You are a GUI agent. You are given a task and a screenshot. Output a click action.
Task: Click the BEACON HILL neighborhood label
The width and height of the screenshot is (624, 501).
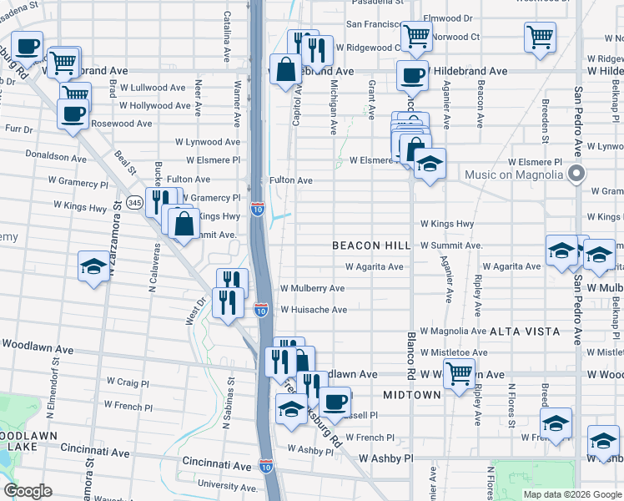click(x=371, y=245)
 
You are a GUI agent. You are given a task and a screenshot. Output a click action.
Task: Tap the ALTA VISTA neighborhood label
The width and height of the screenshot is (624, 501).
click(x=525, y=331)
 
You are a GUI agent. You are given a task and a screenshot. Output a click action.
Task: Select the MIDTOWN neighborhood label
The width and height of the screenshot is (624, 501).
click(x=411, y=394)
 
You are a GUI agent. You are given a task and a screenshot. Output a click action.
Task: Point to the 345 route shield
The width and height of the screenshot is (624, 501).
click(x=134, y=202)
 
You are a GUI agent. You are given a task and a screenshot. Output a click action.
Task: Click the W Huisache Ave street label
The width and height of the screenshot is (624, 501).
click(x=313, y=310)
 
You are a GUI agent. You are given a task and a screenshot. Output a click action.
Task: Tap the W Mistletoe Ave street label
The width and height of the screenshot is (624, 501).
click(x=453, y=353)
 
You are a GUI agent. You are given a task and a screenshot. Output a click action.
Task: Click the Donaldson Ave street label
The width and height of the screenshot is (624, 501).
click(x=57, y=156)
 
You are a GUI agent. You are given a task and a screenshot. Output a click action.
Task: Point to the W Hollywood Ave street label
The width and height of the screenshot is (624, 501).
click(x=155, y=106)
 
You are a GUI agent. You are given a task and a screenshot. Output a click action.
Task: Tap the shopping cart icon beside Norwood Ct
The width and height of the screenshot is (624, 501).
click(x=415, y=37)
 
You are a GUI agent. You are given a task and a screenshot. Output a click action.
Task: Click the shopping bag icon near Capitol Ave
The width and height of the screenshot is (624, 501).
click(x=285, y=69)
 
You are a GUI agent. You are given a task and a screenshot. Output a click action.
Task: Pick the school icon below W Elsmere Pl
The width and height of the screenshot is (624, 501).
click(x=430, y=164)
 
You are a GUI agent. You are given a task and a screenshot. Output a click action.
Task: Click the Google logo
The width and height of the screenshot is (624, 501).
click(x=28, y=491)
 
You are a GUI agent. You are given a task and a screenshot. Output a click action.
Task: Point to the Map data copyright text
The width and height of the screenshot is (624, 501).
click(x=571, y=494)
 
